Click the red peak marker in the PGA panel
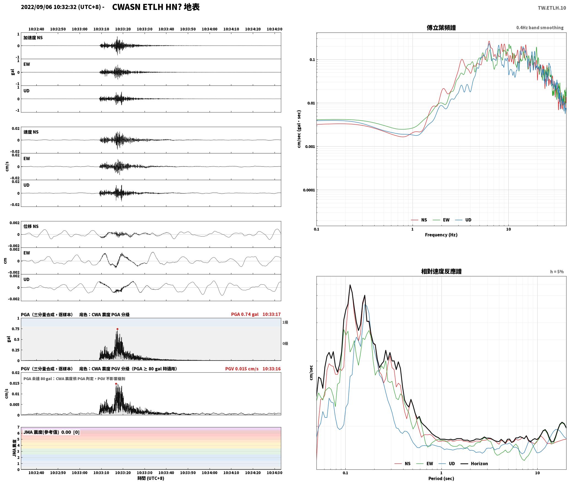pyautogui.click(x=117, y=329)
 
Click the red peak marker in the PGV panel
pyautogui.click(x=116, y=384)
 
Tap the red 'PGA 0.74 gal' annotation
pyautogui.click(x=245, y=314)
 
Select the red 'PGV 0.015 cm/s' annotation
pyautogui.click(x=242, y=369)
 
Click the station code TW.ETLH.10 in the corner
pyautogui.click(x=552, y=8)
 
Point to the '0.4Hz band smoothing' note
pyautogui.click(x=540, y=28)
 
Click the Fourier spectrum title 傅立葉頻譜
pyautogui.click(x=441, y=28)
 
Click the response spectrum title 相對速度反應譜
pyautogui.click(x=441, y=271)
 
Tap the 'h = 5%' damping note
pyautogui.click(x=557, y=272)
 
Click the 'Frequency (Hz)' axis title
pyautogui.click(x=441, y=235)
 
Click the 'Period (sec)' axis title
pyautogui.click(x=441, y=479)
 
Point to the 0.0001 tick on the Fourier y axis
pyautogui.click(x=309, y=190)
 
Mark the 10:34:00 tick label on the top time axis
pyautogui.click(x=209, y=29)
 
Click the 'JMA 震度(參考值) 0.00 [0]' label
pyautogui.click(x=52, y=432)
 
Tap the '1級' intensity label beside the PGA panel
pyautogui.click(x=285, y=322)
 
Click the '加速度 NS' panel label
pyautogui.click(x=33, y=38)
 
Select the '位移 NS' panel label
pyautogui.click(x=31, y=226)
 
